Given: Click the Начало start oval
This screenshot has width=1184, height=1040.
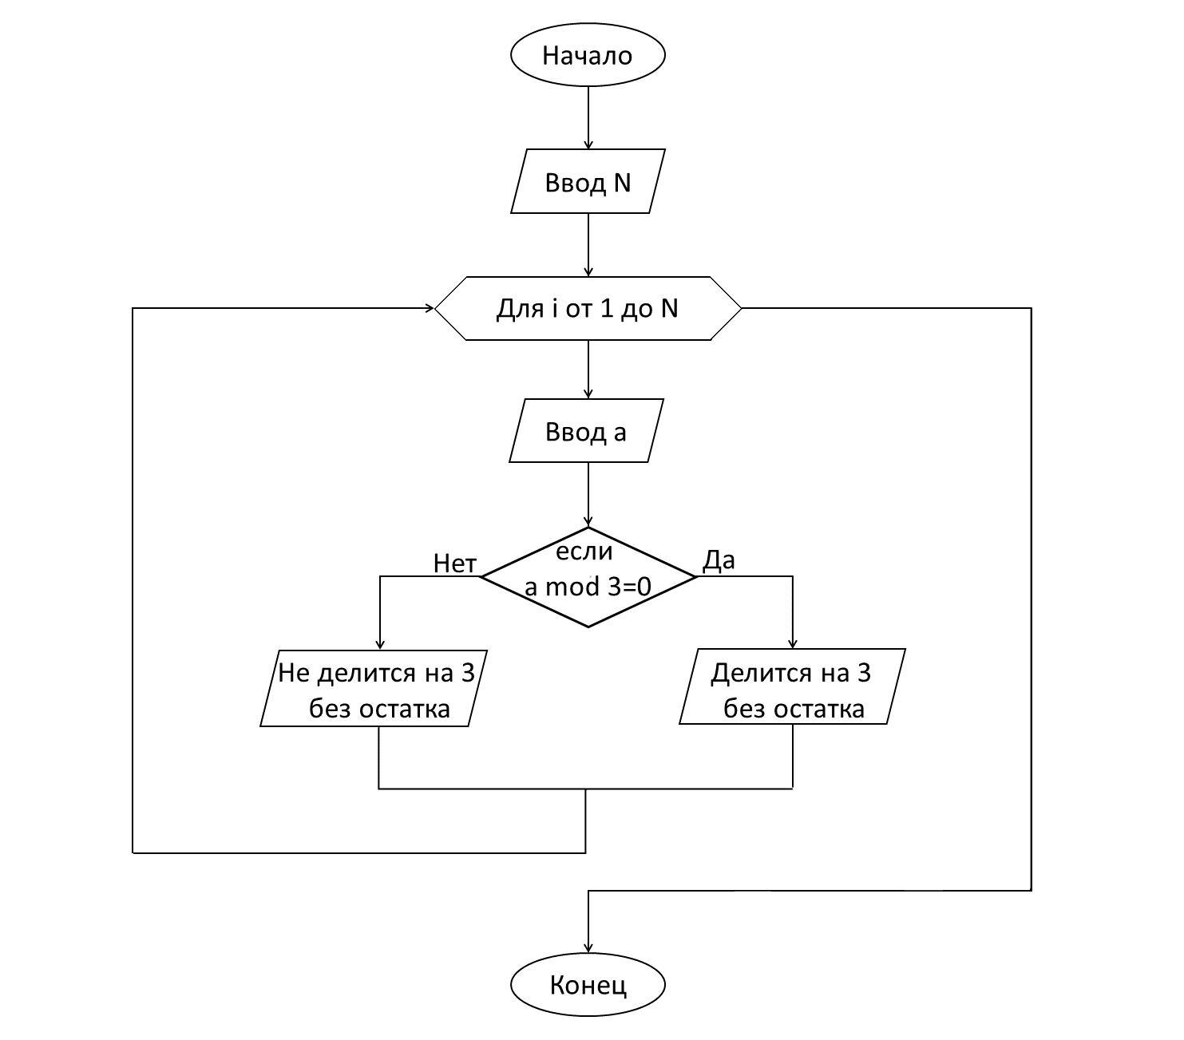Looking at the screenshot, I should pos(588,55).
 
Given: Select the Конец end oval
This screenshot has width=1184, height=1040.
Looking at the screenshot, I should pos(588,985).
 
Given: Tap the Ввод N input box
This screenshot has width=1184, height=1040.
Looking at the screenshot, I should pos(588,182).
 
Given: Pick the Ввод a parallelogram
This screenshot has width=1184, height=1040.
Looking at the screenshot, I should pos(587,431).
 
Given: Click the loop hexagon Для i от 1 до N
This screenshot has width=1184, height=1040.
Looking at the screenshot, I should pos(588,308).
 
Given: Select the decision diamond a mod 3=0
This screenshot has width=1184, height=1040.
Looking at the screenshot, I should pos(588,577).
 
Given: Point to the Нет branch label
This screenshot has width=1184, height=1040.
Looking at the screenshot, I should pos(454,563).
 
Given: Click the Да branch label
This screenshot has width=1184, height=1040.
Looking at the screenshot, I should pos(719,561).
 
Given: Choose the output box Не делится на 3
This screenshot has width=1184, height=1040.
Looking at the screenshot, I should pos(374,689).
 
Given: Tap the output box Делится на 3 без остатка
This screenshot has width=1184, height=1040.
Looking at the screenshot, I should pos(792,688).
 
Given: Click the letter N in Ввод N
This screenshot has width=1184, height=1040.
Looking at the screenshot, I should pos(622,182).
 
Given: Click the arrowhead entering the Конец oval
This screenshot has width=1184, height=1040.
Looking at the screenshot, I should pos(588,947).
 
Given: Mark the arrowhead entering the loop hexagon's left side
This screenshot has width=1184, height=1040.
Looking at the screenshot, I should pos(430,307).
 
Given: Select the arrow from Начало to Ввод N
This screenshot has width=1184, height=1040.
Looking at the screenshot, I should pos(588,117).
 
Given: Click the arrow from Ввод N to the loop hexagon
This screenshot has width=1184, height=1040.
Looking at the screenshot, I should pos(588,244).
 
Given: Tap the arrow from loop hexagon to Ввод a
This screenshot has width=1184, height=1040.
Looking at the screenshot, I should pos(588,369).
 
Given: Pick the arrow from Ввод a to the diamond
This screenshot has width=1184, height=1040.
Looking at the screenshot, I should pos(588,494).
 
